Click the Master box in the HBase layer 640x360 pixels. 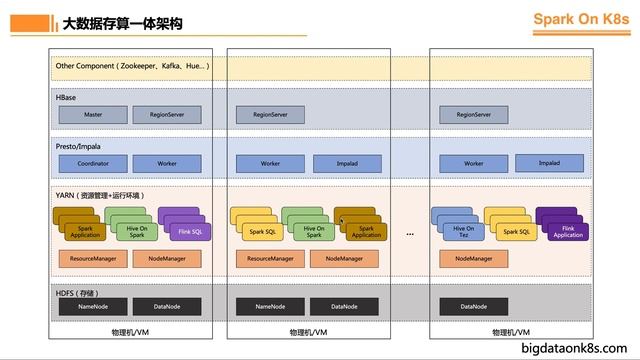[x=93, y=115]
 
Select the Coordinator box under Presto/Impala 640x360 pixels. [x=93, y=163]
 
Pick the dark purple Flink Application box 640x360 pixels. [x=567, y=231]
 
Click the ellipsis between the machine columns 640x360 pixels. [x=410, y=232]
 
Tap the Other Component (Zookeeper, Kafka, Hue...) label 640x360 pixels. [x=132, y=65]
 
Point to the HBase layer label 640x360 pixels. [x=68, y=98]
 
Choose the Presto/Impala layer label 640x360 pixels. [x=79, y=145]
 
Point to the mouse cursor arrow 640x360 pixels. [x=342, y=222]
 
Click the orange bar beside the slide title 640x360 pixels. [x=52, y=22]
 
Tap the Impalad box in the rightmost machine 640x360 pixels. [x=549, y=163]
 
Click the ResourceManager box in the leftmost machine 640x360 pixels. [x=93, y=259]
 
